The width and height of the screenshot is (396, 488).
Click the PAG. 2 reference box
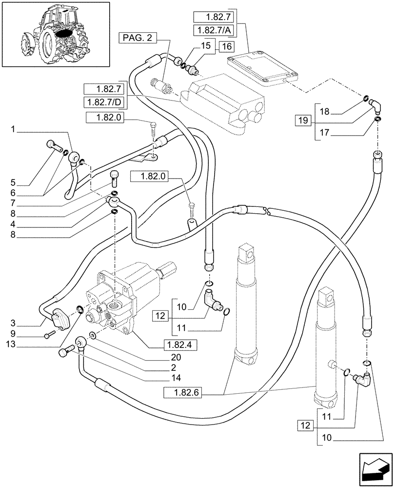138,37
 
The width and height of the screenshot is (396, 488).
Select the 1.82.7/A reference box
213,30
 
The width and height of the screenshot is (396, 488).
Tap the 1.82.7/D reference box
104,102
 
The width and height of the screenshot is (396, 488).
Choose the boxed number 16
226,47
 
